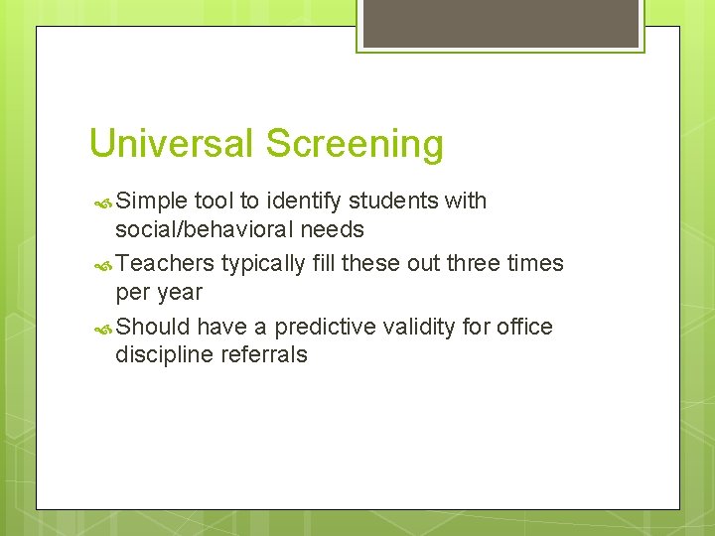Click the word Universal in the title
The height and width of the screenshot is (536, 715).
(172, 144)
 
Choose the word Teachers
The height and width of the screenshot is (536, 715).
(165, 263)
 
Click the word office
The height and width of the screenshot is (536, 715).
(525, 327)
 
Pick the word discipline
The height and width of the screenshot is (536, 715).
(160, 355)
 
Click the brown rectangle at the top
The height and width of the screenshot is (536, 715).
(500, 23)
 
